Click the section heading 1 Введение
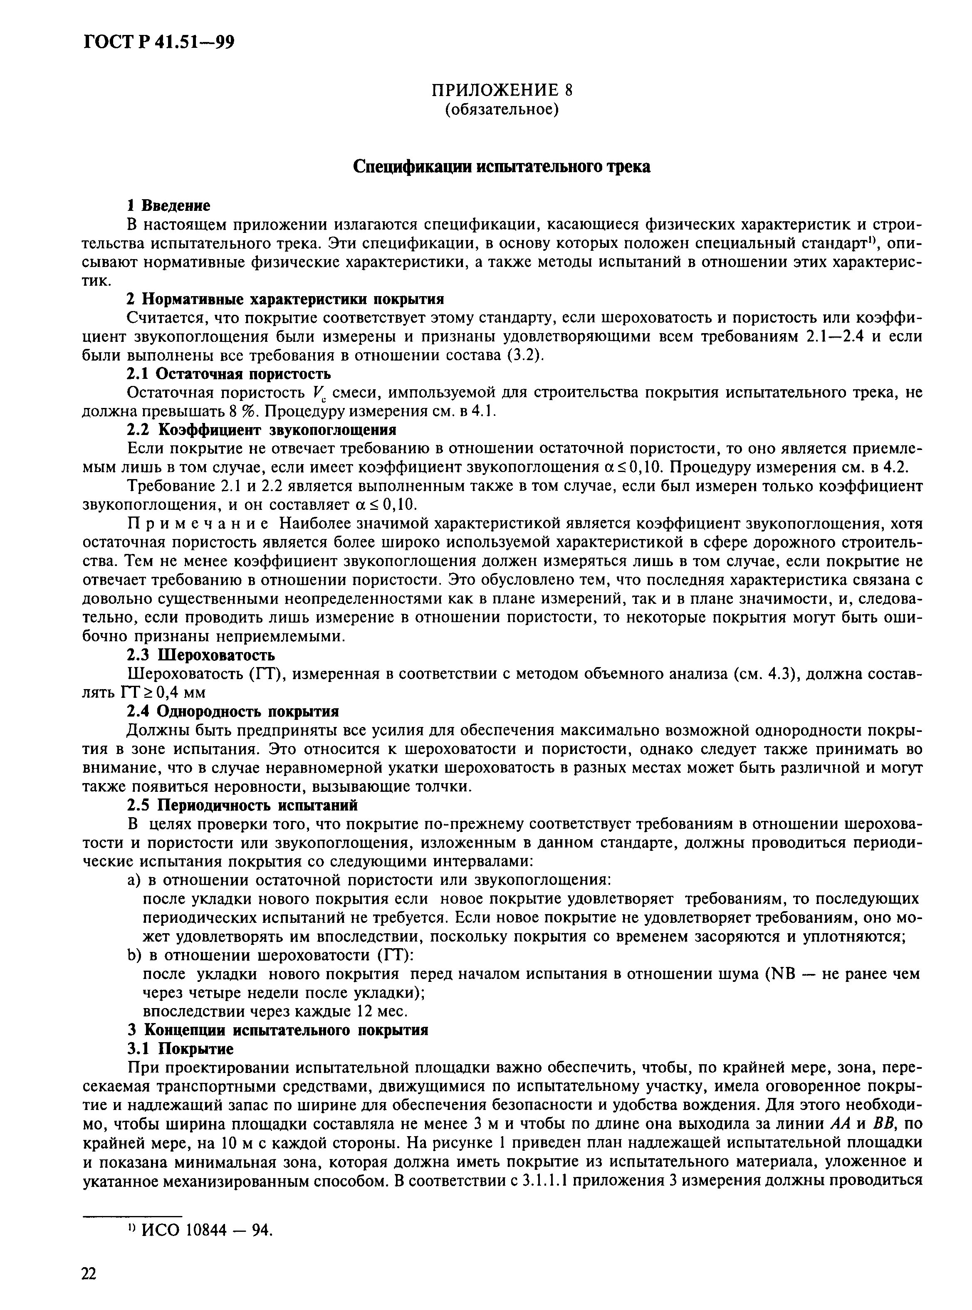[169, 205]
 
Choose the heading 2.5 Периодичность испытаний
[242, 805]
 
